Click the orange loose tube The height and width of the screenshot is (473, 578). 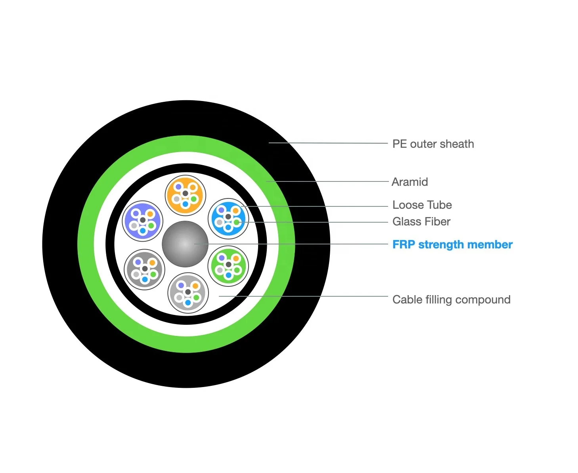click(x=185, y=195)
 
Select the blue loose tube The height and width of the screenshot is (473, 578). click(x=228, y=219)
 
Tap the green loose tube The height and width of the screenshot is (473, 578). click(x=229, y=266)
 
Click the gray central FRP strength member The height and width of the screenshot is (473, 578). click(x=185, y=244)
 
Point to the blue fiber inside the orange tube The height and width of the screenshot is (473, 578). click(x=185, y=204)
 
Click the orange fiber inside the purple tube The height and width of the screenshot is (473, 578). click(x=150, y=214)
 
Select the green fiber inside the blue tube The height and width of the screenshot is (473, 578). click(x=237, y=223)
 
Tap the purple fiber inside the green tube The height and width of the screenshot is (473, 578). click(x=222, y=258)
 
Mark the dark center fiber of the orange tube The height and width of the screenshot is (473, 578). click(x=185, y=193)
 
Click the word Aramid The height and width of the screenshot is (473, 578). click(x=410, y=182)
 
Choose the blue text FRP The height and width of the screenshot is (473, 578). click(x=404, y=244)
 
